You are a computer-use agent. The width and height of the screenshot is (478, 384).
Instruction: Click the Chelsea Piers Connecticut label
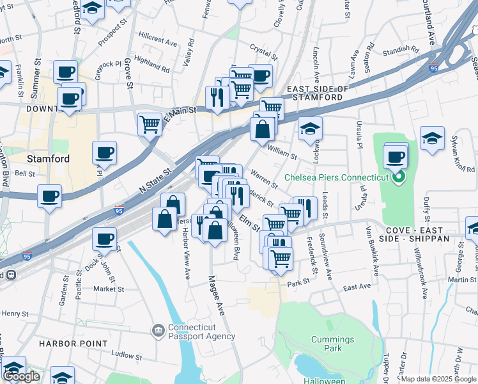click(x=337, y=177)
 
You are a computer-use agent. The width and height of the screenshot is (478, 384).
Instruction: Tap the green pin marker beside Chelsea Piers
click(x=400, y=177)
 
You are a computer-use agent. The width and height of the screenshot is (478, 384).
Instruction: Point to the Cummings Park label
click(x=332, y=344)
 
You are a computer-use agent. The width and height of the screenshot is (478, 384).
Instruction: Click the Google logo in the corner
click(x=21, y=376)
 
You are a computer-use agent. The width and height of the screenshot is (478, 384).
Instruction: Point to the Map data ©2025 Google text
click(x=438, y=379)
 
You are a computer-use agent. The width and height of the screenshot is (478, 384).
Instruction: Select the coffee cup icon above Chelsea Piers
click(x=396, y=156)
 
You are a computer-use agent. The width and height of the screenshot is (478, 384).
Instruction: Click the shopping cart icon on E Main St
click(x=150, y=124)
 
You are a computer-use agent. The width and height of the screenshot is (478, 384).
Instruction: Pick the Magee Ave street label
click(x=215, y=294)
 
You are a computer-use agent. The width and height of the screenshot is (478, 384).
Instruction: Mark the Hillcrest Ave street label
click(x=158, y=42)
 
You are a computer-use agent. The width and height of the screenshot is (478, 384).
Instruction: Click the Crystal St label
click(x=261, y=49)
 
